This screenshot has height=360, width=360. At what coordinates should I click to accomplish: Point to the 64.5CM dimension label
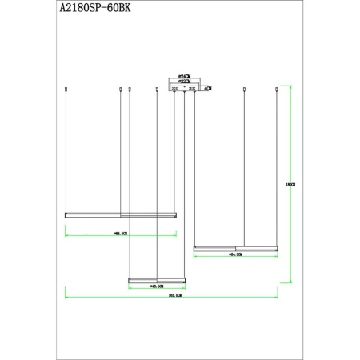tap(236, 254)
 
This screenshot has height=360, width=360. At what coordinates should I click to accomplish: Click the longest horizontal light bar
tap(120, 214)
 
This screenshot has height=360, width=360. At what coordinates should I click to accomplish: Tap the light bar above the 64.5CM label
tap(236, 248)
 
